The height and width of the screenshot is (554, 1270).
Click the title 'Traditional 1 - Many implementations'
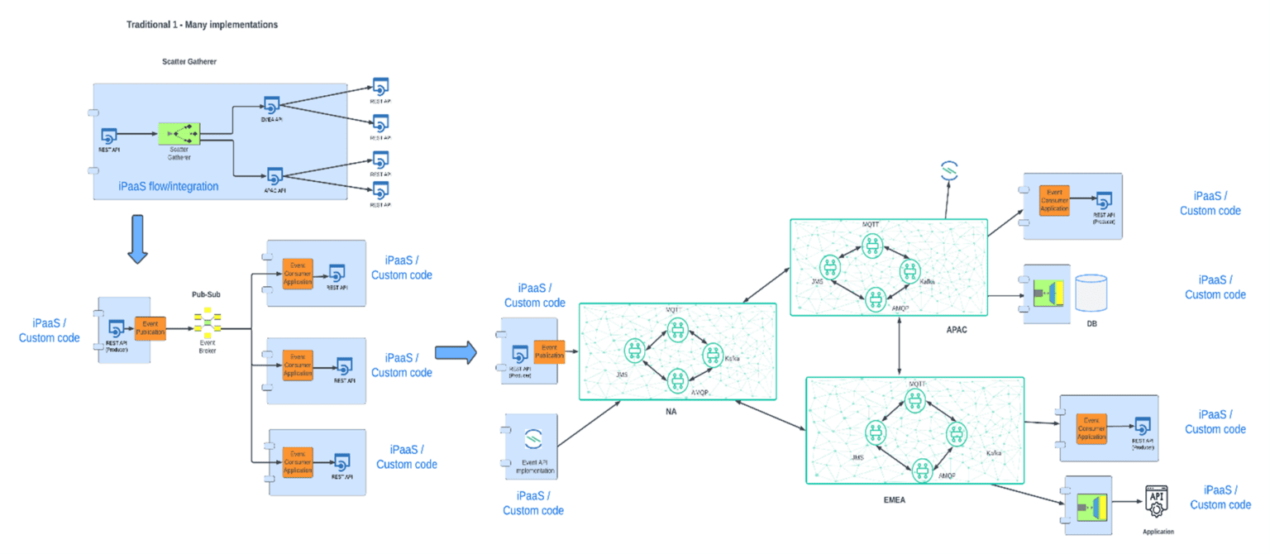(202, 25)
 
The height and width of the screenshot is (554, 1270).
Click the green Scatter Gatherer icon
(179, 132)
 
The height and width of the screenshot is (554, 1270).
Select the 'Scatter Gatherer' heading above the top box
(189, 61)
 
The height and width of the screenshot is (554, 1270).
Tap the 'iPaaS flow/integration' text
(168, 187)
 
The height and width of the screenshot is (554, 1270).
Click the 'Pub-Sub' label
(205, 294)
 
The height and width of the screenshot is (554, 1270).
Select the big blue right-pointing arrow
(456, 352)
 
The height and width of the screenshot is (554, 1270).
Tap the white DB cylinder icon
(1091, 292)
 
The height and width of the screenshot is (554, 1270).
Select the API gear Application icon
(1158, 502)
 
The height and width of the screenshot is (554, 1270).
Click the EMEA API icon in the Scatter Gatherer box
(273, 105)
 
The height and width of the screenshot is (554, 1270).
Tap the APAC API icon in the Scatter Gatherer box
(275, 175)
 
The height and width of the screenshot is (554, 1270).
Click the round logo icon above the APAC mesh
(948, 172)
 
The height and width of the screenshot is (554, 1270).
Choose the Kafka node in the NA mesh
(712, 355)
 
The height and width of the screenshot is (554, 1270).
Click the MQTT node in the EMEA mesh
(914, 400)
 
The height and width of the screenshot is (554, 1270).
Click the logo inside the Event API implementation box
(533, 437)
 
